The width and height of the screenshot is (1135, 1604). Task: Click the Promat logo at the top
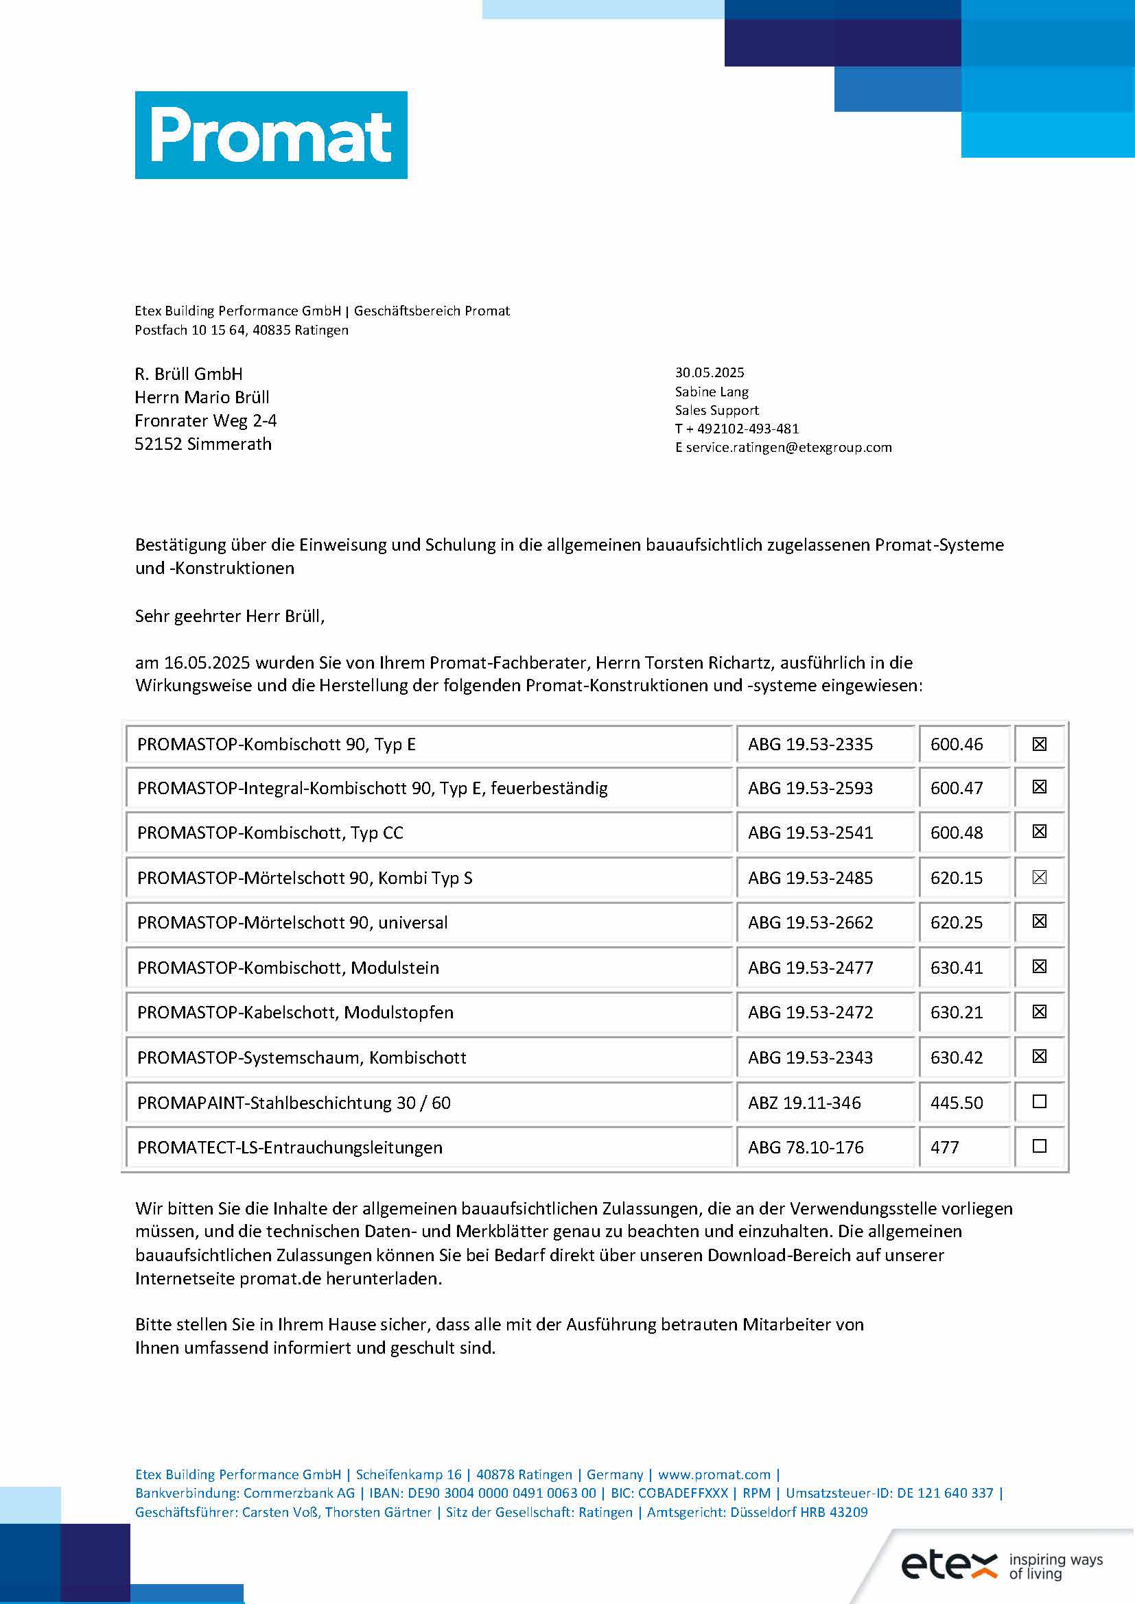coord(271,135)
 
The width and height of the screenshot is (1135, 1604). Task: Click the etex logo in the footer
coord(949,1564)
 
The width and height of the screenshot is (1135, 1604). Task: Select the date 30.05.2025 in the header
coord(710,372)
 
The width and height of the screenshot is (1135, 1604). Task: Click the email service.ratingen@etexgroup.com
coord(788,447)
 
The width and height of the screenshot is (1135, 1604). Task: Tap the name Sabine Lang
coord(712,391)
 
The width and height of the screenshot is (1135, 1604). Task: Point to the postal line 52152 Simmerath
coord(202,444)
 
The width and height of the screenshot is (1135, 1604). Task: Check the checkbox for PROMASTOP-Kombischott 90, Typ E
coord(1039,744)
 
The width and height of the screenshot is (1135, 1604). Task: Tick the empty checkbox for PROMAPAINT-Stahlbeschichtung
coord(1039,1102)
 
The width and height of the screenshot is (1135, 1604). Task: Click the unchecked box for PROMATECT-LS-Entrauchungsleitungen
coord(1039,1147)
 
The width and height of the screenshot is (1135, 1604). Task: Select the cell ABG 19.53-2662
coord(810,923)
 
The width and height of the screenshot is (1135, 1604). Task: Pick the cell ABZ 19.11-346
coord(804,1103)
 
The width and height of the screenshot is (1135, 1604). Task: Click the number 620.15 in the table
coord(956,878)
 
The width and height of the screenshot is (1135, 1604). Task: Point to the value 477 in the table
coord(944,1147)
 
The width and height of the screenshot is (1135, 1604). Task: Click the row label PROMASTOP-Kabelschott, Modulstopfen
coord(295,1012)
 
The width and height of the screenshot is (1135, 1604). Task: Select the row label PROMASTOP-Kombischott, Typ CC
coord(270,833)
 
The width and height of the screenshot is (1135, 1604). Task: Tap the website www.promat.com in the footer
coord(714,1474)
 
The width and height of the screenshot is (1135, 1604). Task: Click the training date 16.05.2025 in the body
coord(207,662)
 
